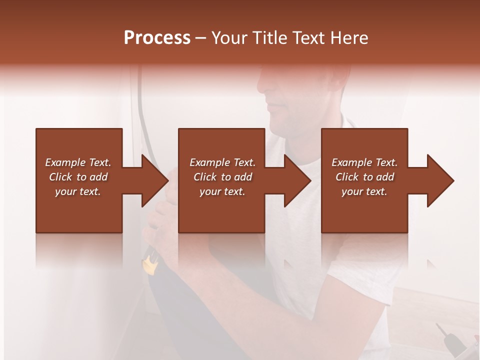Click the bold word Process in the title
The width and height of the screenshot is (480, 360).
tap(157, 38)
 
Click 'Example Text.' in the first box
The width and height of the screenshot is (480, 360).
tap(78, 162)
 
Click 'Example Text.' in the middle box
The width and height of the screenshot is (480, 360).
tap(222, 162)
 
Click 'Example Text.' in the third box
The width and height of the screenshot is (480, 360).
tap(364, 162)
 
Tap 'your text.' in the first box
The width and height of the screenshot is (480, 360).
tap(78, 191)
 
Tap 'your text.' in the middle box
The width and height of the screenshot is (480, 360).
tap(222, 191)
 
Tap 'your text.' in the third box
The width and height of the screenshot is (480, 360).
tap(364, 191)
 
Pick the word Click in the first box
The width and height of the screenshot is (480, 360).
tap(61, 177)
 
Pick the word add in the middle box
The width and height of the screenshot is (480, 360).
tap(242, 177)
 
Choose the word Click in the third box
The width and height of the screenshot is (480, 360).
tap(347, 177)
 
